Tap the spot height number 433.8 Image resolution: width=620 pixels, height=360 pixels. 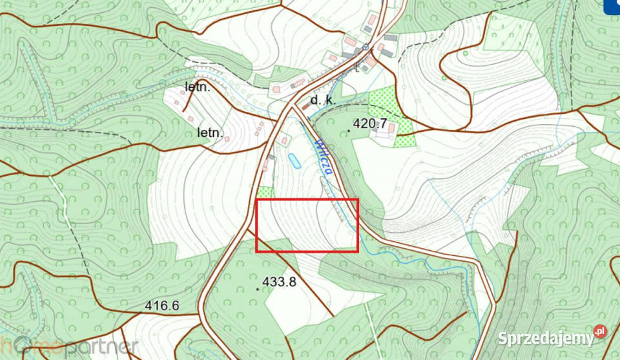pos(280,282)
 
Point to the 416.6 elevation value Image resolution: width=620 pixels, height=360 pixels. pos(161,306)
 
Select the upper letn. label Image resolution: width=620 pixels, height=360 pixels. pos(198,87)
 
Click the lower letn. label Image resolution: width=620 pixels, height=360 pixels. pos(210,133)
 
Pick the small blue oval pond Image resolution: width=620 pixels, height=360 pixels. pos(294,160)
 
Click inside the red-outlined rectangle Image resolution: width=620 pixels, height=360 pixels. pos(307,225)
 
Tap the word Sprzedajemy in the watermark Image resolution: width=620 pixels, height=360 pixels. pos(545,337)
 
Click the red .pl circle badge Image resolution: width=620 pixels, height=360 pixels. pos(600,332)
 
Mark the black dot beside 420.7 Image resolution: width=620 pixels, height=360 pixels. pos(349,131)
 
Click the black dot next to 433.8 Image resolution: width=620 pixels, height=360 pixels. pos(258,289)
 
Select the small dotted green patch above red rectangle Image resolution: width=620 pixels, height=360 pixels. pos(265,192)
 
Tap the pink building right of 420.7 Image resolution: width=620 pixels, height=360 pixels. pos(391,129)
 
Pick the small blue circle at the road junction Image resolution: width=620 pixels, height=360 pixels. pos(365,47)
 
